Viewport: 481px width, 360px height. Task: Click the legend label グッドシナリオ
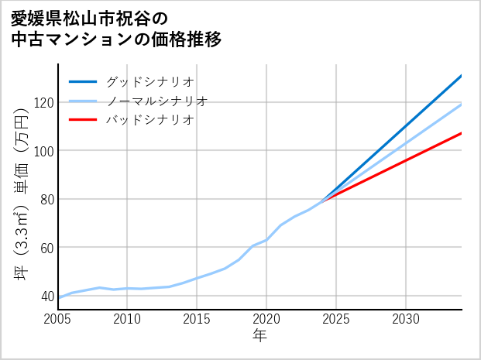[x=149, y=81]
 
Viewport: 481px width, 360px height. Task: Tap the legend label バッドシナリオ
[x=149, y=120]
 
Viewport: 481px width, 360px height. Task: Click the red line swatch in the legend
[x=83, y=120]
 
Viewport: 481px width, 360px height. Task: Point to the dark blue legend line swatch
[x=83, y=81]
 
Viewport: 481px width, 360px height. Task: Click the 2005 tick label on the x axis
[x=57, y=319]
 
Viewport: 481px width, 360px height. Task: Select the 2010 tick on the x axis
[x=127, y=319]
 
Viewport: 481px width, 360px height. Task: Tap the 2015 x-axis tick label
[x=197, y=319]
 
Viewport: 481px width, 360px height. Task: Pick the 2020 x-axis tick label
[x=266, y=319]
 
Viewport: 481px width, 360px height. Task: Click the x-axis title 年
[x=259, y=336]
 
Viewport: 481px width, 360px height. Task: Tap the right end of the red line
[x=462, y=133]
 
